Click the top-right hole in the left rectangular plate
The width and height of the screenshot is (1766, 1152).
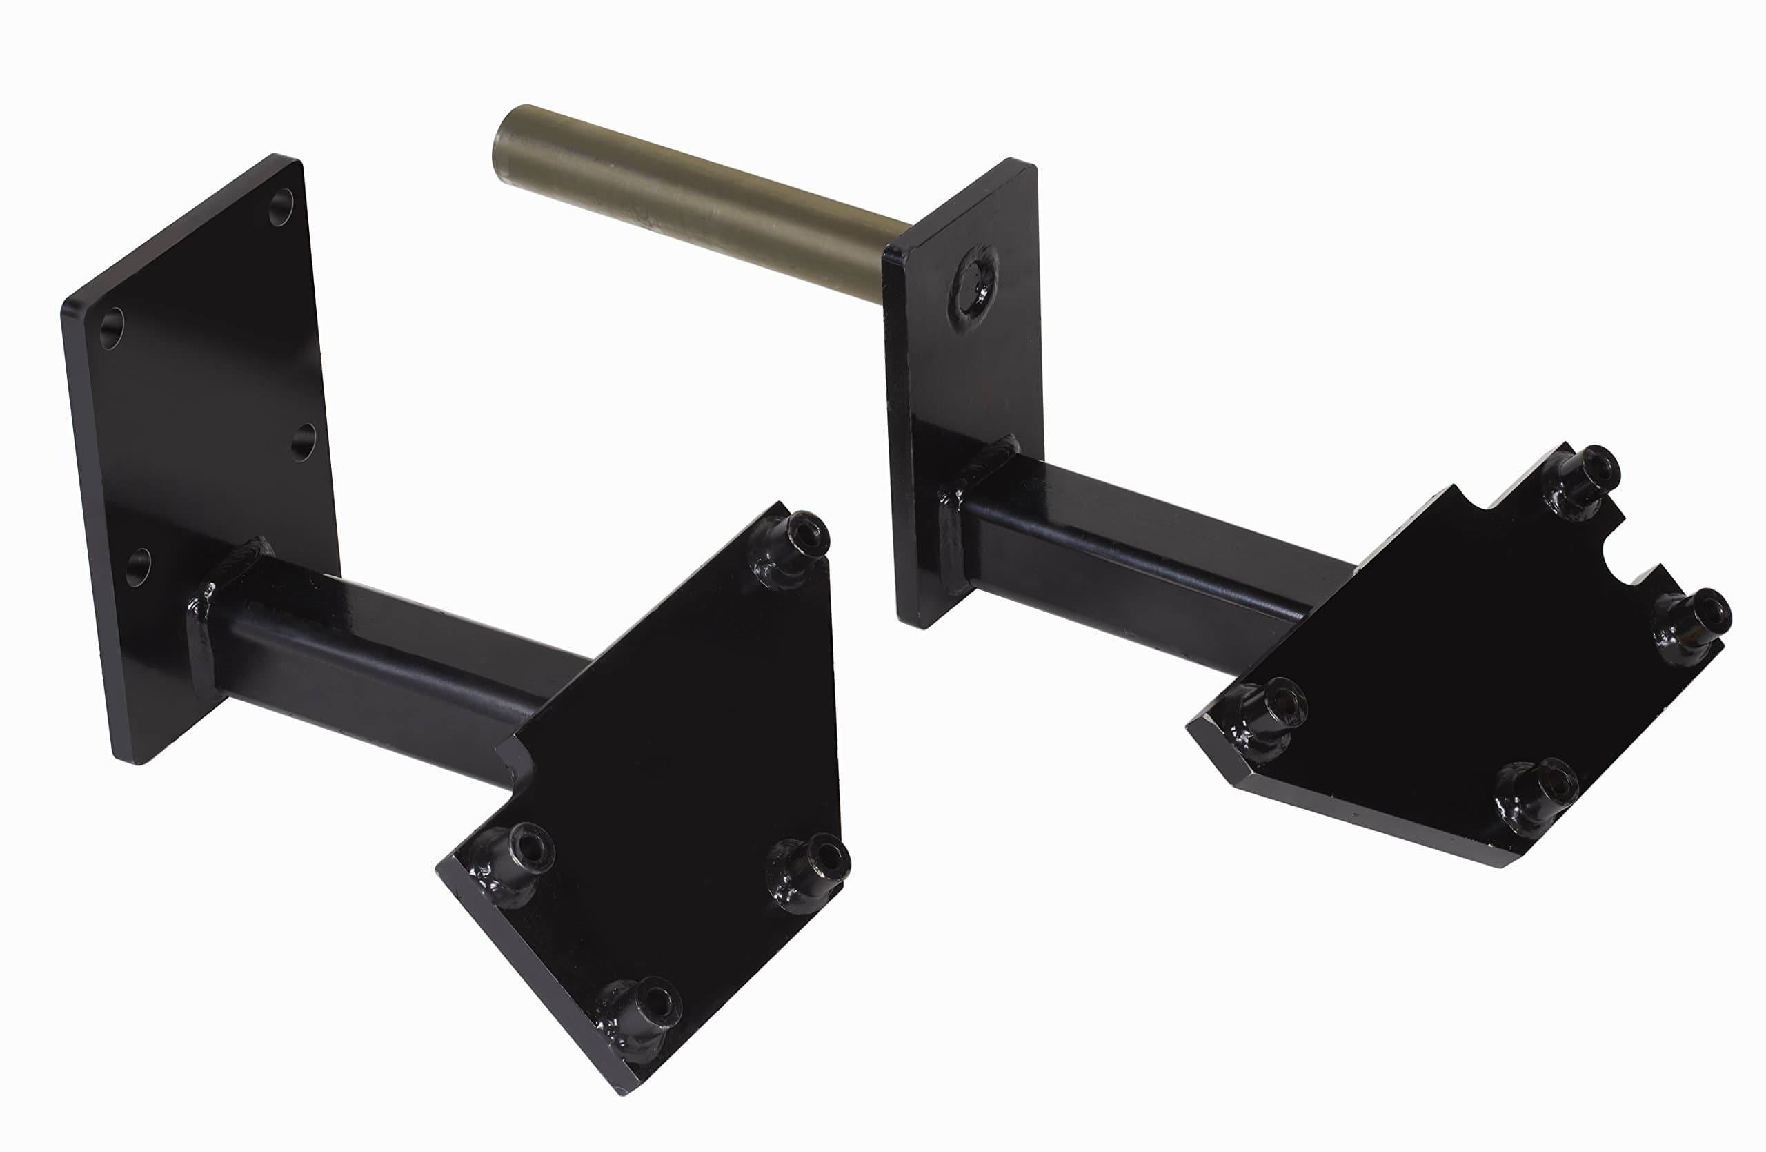pyautogui.click(x=281, y=207)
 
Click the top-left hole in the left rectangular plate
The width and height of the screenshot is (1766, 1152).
pyautogui.click(x=111, y=328)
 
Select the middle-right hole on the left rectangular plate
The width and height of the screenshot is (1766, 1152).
pyautogui.click(x=303, y=442)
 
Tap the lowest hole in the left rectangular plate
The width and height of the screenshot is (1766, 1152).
pyautogui.click(x=137, y=567)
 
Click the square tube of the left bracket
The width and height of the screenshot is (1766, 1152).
pyautogui.click(x=386, y=661)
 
